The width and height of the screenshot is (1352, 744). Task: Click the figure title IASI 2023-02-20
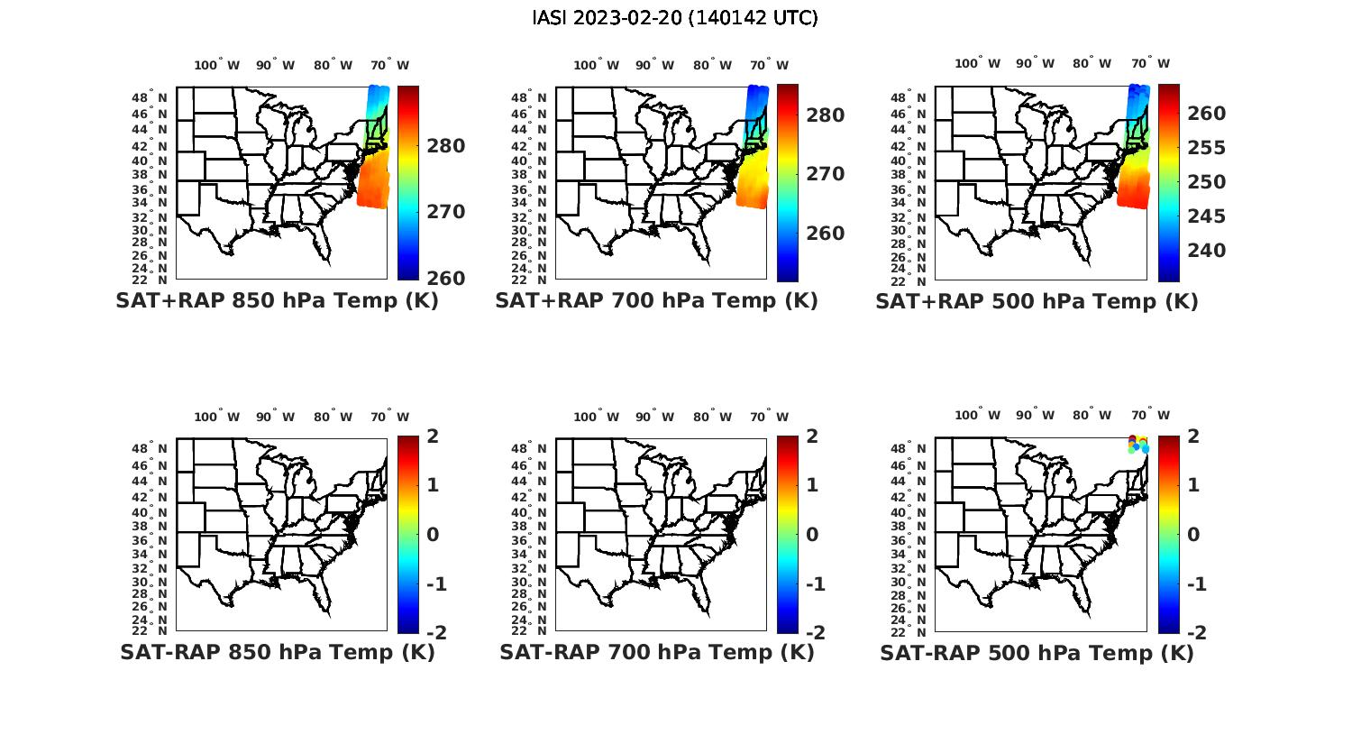(x=675, y=18)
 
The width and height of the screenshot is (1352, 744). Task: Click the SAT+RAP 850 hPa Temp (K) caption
(x=277, y=301)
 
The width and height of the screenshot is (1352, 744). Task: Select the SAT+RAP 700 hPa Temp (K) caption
(x=656, y=301)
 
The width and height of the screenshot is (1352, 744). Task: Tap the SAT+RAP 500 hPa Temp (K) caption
(x=1037, y=301)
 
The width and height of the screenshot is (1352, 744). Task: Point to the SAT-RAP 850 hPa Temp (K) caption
(x=277, y=652)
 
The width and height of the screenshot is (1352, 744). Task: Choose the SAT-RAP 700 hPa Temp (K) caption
(x=656, y=652)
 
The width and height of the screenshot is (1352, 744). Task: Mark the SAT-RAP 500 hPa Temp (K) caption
(x=1037, y=652)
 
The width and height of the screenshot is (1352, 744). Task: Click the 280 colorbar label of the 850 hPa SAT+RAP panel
(x=446, y=146)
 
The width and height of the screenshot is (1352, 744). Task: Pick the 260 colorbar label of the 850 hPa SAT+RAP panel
(x=446, y=278)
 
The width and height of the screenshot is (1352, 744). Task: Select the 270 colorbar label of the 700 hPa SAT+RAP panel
(x=826, y=174)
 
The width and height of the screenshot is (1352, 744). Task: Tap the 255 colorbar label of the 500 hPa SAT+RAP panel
(x=1206, y=148)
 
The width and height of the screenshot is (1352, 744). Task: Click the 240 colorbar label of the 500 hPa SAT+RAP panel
(x=1206, y=251)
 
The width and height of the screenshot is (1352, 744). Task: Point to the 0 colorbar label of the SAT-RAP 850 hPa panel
(x=432, y=535)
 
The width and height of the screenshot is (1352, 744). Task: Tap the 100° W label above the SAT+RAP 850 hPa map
(x=216, y=65)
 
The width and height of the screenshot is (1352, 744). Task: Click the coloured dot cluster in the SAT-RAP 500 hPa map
(x=1138, y=443)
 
